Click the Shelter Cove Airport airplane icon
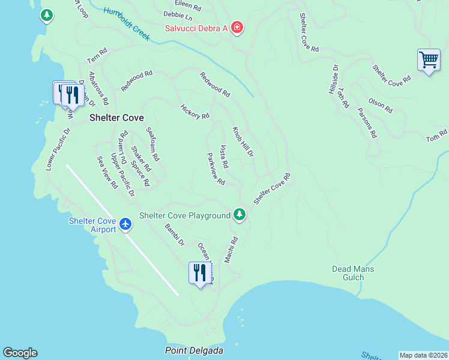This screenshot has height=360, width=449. pos(125,224)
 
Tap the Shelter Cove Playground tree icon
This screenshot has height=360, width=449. pos(240,214)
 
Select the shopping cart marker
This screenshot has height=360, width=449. pos(429,61)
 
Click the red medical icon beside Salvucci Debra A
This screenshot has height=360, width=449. pos(237,28)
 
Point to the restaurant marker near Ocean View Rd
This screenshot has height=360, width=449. pos(199,273)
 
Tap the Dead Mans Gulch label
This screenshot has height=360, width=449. pos(353,273)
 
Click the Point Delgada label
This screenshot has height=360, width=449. pos(189,350)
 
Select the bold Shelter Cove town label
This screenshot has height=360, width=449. pos(116,118)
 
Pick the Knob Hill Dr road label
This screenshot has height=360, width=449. pos(243,142)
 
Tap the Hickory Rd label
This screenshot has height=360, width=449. pos(195,112)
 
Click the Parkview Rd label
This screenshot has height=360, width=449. pos(215,169)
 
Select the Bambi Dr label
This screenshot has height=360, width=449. pos(175,235)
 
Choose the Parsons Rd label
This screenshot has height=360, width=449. pos(367,122)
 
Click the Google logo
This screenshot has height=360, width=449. pos(20,353)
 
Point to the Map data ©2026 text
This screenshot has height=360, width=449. pos(423,355)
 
